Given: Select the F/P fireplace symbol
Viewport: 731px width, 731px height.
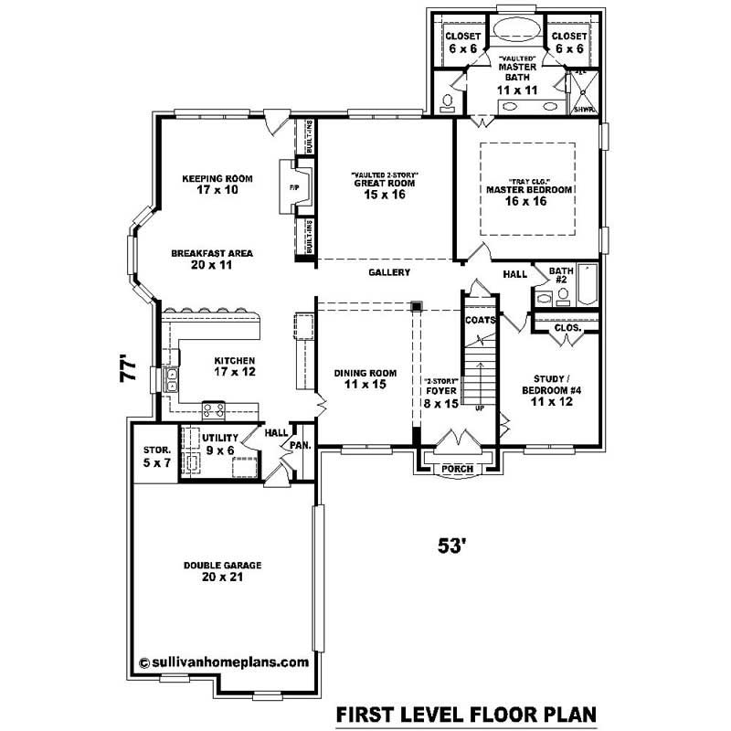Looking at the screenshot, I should coord(295,188).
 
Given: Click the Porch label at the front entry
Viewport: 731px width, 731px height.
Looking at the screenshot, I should coord(457,469).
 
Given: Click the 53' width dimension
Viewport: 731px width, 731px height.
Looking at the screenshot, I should coord(453,546).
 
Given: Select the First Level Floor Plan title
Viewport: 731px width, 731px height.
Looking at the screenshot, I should coord(466,712).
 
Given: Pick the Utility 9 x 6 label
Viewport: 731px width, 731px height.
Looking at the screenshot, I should coord(219,444).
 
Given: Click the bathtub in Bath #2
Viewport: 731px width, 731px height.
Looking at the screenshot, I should coord(587,286).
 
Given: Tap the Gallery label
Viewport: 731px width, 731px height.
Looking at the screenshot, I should coord(389,272).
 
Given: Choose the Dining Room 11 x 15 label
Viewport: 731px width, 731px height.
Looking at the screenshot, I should coord(365,377).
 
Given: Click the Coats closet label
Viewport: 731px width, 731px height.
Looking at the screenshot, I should coord(480,320).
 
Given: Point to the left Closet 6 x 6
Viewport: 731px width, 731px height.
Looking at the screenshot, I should coord(458,43).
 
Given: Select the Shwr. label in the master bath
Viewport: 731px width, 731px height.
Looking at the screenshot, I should coord(584,110).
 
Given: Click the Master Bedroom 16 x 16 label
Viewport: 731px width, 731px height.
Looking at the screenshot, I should coord(529,195).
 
